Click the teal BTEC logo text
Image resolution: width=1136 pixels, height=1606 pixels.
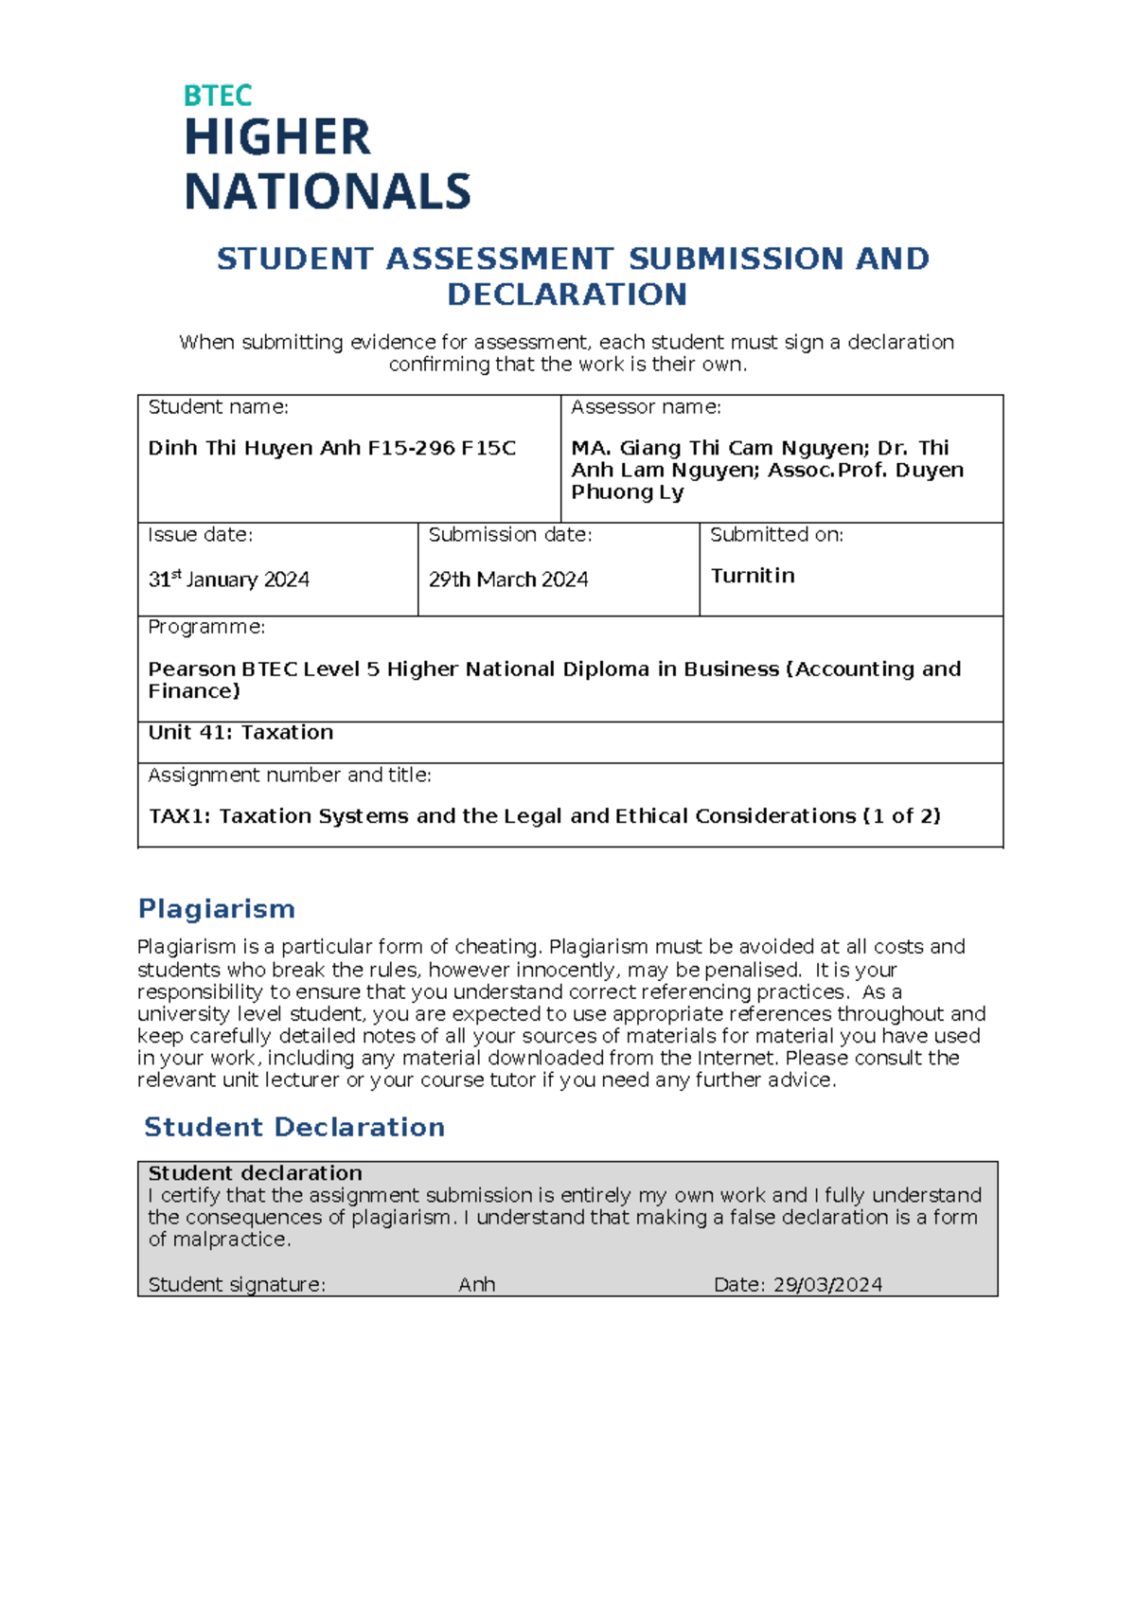click(217, 96)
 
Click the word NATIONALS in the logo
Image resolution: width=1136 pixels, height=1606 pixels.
click(327, 192)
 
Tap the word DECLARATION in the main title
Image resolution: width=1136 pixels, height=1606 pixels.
click(567, 294)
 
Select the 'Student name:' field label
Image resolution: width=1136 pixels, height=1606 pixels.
click(218, 407)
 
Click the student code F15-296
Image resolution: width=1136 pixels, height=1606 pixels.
click(411, 448)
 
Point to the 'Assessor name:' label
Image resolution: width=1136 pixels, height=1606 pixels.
click(646, 407)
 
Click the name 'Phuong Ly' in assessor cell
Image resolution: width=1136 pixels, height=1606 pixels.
click(627, 492)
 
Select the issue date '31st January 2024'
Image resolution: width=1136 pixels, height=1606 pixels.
click(228, 580)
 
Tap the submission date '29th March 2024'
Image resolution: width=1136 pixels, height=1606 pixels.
click(508, 580)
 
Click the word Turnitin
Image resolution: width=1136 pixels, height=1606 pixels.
click(753, 576)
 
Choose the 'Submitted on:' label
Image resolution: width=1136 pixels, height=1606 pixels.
click(776, 535)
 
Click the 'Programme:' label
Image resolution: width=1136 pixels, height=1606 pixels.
click(206, 627)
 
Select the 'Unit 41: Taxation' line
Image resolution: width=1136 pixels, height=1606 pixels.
click(240, 732)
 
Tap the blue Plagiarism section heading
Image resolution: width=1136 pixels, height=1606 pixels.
click(216, 909)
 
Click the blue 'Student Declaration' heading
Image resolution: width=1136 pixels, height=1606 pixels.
click(294, 1127)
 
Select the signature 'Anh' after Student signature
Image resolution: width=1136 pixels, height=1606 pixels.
click(476, 1285)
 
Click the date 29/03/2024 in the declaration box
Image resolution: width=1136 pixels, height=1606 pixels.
click(827, 1285)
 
